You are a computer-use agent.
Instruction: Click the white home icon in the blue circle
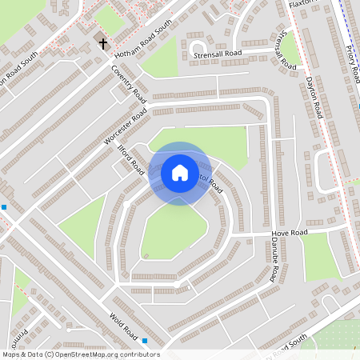pyautogui.click(x=179, y=173)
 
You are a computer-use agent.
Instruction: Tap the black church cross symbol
pyautogui.click(x=102, y=42)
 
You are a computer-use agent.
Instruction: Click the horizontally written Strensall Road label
pyautogui.click(x=217, y=54)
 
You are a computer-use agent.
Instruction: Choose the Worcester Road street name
pyautogui.click(x=126, y=127)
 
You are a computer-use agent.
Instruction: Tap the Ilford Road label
pyautogui.click(x=131, y=160)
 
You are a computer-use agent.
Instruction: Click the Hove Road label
pyautogui.click(x=289, y=233)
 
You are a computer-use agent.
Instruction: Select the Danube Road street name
pyautogui.click(x=274, y=262)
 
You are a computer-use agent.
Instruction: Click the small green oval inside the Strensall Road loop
pyautogui.click(x=197, y=44)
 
